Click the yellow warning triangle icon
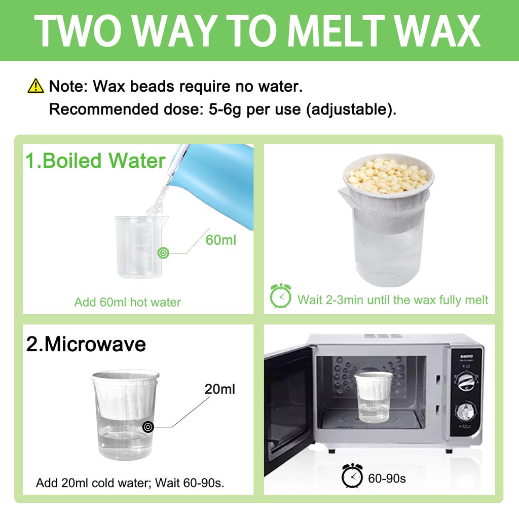35,86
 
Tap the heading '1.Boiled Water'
95,161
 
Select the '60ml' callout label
221,240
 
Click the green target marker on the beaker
163,253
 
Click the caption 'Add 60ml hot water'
127,302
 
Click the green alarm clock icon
280,296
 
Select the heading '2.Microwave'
86,344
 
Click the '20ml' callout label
220,389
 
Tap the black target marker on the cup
148,427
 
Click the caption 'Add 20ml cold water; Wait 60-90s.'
130,483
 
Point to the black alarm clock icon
352,475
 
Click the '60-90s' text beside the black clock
387,478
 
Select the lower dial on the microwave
465,413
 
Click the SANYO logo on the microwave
466,356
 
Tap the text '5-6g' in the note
225,109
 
